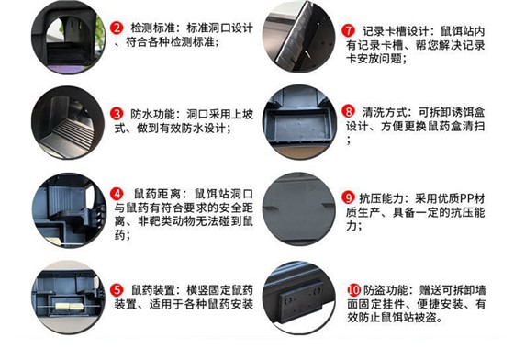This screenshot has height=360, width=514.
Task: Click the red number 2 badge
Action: pos(117,28)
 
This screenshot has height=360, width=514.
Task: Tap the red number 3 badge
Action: pos(117,114)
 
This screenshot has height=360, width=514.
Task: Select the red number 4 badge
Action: pos(117,195)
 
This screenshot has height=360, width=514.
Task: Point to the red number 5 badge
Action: pos(117,288)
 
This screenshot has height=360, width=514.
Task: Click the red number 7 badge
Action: pos(349,28)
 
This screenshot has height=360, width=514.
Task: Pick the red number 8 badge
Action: pos(349,110)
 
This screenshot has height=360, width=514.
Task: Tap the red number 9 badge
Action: pos(349,197)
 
